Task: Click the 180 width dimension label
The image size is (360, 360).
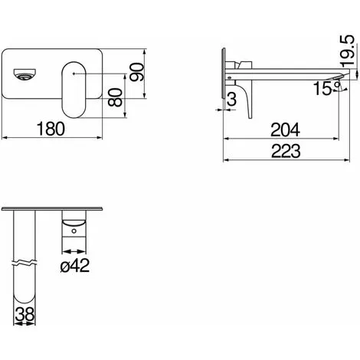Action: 51,129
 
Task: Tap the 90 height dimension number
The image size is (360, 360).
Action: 137,72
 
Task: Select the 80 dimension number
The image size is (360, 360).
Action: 115,97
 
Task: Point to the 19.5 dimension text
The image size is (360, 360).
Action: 348,51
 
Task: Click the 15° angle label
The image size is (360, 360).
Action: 327,88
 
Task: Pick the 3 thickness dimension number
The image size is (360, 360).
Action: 231,99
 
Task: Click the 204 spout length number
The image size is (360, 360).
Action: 285,130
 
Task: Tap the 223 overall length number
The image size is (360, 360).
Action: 286,151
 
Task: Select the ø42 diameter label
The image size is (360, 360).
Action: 75,265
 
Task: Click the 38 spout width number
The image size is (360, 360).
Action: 25,314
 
